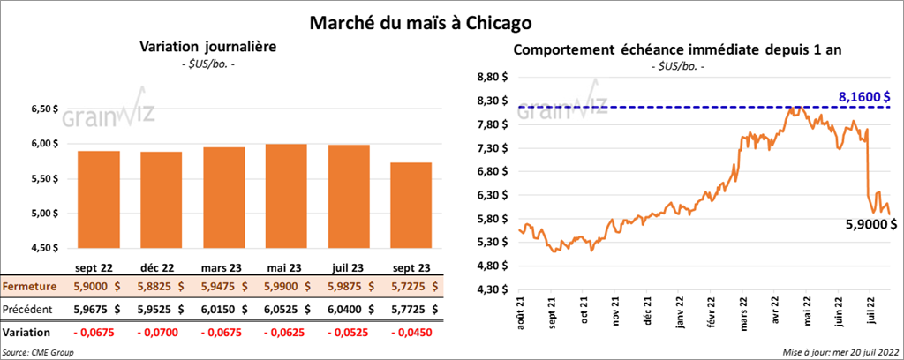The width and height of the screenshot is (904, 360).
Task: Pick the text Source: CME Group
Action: point(39,352)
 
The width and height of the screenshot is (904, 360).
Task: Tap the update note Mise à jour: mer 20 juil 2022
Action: point(840,352)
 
